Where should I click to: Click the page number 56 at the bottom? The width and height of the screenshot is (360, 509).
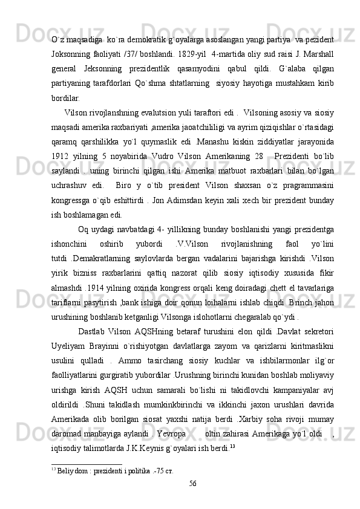click(192, 484)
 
